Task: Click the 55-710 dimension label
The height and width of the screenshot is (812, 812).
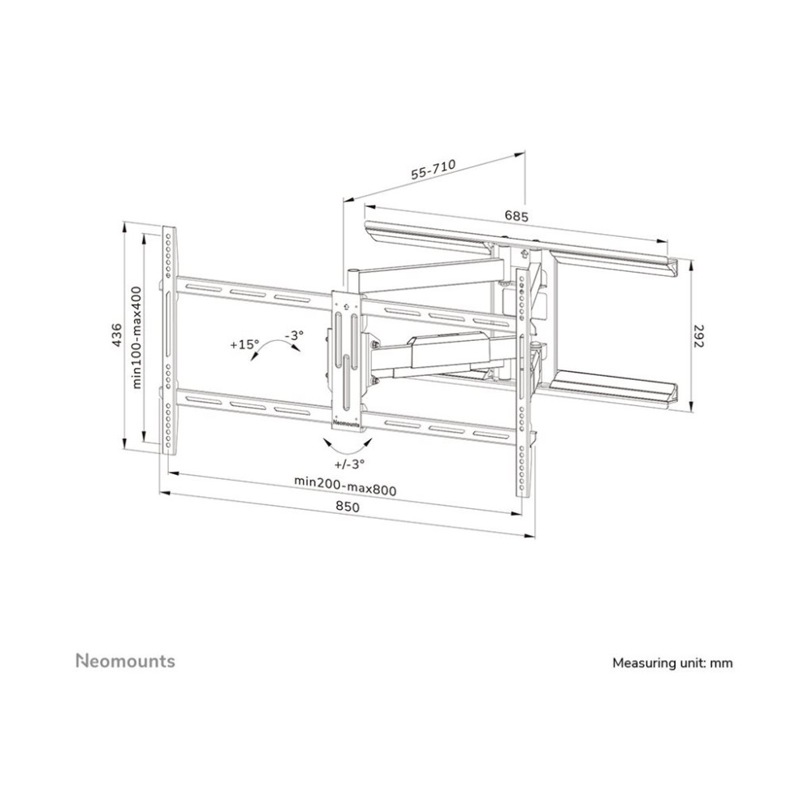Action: pos(433,170)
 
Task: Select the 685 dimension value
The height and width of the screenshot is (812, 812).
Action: pos(516,216)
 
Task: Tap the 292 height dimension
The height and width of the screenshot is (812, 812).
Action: pos(699,336)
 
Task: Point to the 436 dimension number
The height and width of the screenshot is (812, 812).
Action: pos(117,335)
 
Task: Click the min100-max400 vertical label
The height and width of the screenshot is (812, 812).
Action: pos(136,337)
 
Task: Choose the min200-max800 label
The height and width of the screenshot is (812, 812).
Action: pos(345,486)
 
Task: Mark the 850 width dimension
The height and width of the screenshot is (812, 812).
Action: pos(347,507)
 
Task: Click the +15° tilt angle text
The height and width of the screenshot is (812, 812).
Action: pos(244,343)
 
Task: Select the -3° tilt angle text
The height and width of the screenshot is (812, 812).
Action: pos(294,335)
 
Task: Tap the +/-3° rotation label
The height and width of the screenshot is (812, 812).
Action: pos(349,464)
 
